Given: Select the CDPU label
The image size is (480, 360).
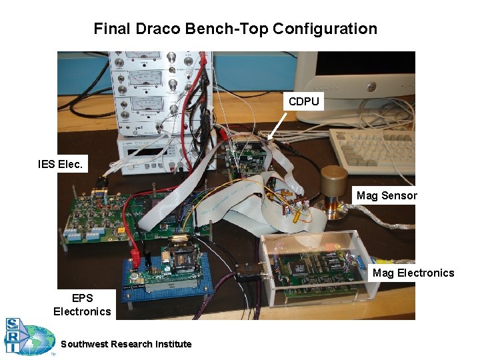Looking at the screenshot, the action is pos(304,102).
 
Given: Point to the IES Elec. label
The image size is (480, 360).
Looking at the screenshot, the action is pos(61,163).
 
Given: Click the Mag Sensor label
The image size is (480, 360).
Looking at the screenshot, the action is pos(387,195).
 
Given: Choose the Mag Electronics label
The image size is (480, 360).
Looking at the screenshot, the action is pos(413,273).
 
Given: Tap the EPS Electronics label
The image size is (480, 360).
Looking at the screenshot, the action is pos(82,305).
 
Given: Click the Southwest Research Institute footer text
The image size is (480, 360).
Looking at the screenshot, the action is pos(126,344).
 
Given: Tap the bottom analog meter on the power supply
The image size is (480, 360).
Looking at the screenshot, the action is pos(143,105).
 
